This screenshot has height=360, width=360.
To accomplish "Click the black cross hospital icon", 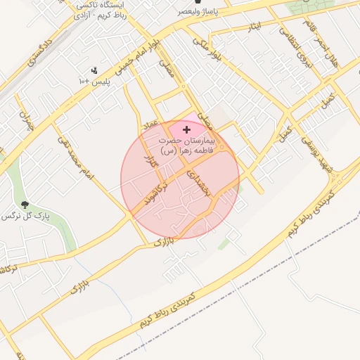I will (186, 129).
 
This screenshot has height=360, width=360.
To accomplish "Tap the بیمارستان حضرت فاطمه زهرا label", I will (186, 145).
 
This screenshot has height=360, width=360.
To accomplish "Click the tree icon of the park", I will (25, 205).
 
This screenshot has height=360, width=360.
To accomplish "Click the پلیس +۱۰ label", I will (94, 82).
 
